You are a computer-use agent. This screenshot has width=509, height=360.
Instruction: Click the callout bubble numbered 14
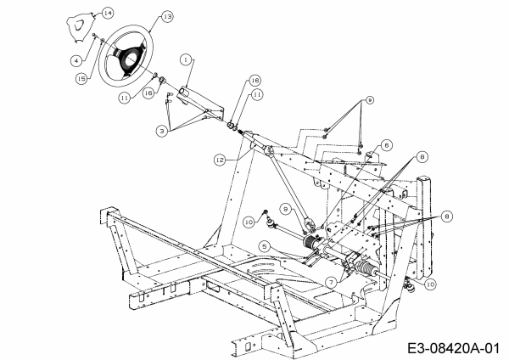pyautogui.click(x=107, y=14)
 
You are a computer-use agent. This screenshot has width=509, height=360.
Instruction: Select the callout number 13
pyautogui.click(x=165, y=17)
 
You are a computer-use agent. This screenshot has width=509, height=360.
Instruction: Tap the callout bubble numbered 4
pyautogui.click(x=76, y=59)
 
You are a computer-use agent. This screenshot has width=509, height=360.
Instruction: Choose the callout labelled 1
pyautogui.click(x=185, y=59)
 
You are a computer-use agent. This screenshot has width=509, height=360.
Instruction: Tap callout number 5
pyautogui.click(x=265, y=246)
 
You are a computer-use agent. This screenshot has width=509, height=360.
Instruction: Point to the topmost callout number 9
pyautogui.click(x=369, y=100)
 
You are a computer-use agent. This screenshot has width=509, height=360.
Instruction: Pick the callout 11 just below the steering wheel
pyautogui.click(x=126, y=98)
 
